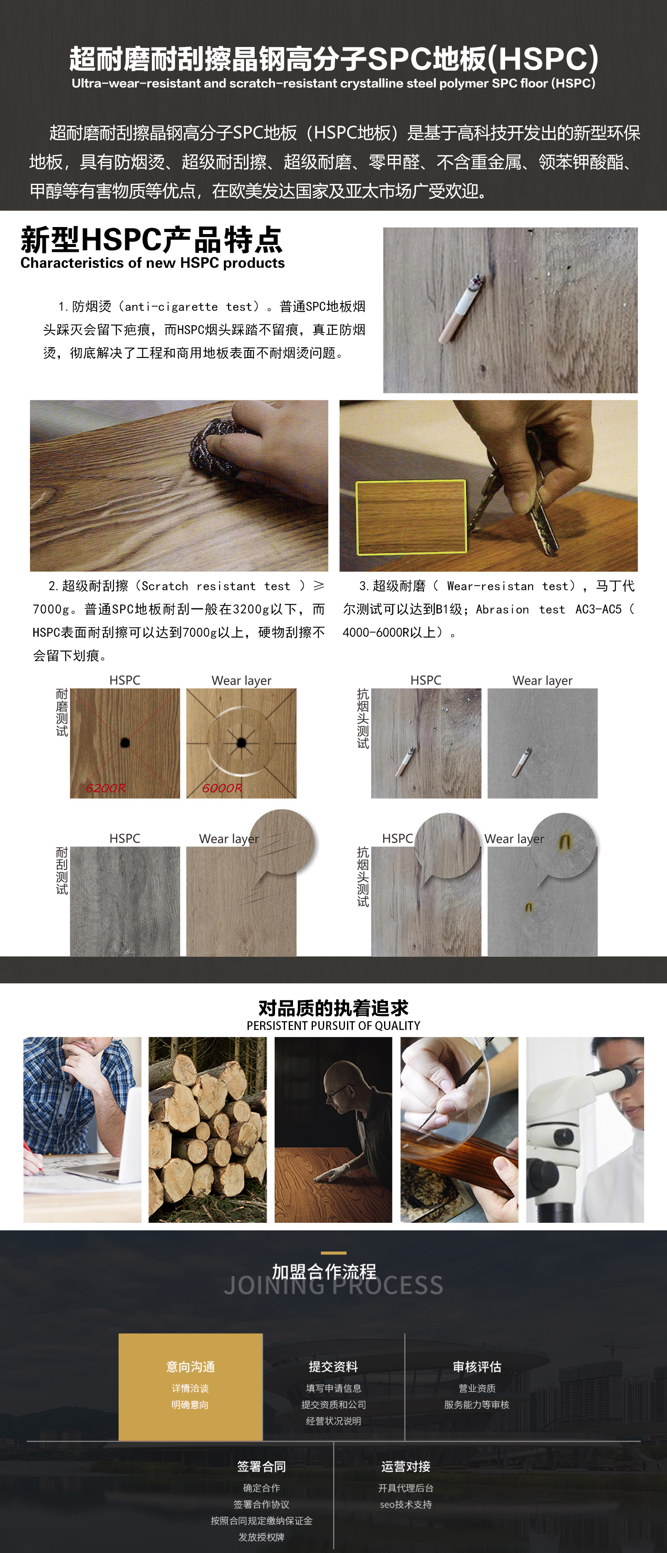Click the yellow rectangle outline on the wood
coord(411,517)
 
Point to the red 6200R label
coord(106,788)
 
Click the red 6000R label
coord(222,788)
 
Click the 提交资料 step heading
coord(334,1366)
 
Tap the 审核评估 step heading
coord(477,1366)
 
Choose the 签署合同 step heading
coord(262,1466)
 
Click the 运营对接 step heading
coord(406,1466)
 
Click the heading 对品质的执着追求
coord(334,1007)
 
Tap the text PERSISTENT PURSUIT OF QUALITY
coord(334,1025)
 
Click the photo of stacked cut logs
coord(208,1130)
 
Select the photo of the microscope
coord(585,1130)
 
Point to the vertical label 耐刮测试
coord(62,871)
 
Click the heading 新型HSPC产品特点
coord(151,239)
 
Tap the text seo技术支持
coord(406,1504)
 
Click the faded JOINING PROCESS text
coord(334,1285)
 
